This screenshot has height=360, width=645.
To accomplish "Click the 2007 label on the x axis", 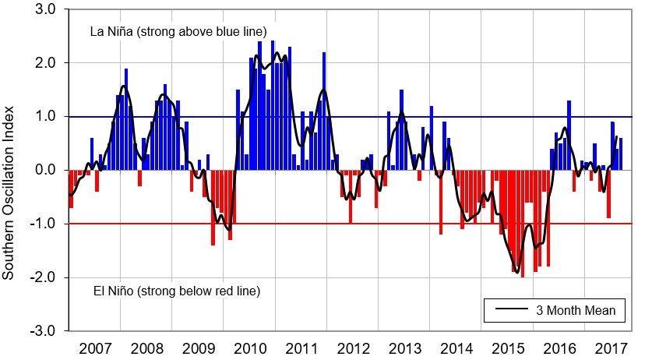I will (x=94, y=346).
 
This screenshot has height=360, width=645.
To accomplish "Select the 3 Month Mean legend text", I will (x=576, y=311).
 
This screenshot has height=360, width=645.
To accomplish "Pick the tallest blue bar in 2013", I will (x=401, y=129).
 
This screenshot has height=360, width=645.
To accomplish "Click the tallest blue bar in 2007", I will (x=125, y=118).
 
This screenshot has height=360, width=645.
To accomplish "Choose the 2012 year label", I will (x=352, y=346).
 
